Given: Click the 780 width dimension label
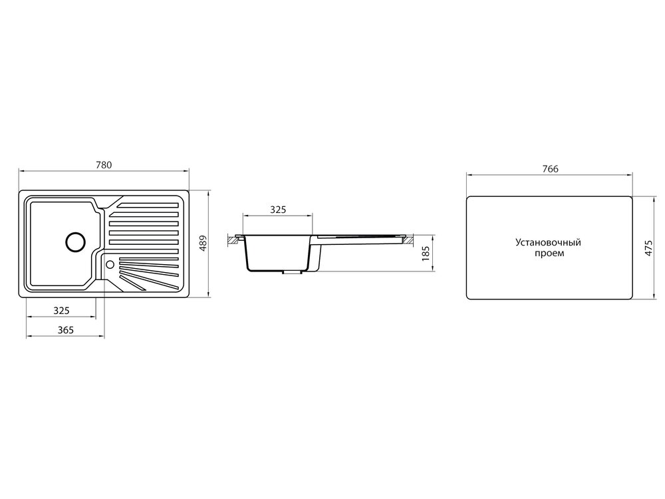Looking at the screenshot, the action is point(104,164).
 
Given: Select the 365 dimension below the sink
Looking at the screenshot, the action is point(66,330).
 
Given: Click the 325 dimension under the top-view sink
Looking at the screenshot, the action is point(61,311).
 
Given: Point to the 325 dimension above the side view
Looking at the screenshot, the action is point(278,210).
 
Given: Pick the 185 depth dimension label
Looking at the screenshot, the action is point(426,253).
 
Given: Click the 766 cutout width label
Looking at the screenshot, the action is point(550,169).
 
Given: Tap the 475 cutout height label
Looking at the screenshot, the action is point(648,248).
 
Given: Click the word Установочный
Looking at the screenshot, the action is point(548,243).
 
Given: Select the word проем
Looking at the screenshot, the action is point(549,253).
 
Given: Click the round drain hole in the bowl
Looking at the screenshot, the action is point(76,242).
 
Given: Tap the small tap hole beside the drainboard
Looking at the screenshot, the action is point(110,264).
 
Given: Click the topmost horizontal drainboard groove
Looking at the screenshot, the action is point(148,206).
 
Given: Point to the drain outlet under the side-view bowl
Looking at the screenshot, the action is point(291,272).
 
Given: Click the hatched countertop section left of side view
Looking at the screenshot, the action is point(233,240).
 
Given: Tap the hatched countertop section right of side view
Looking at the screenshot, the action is point(407,240).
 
